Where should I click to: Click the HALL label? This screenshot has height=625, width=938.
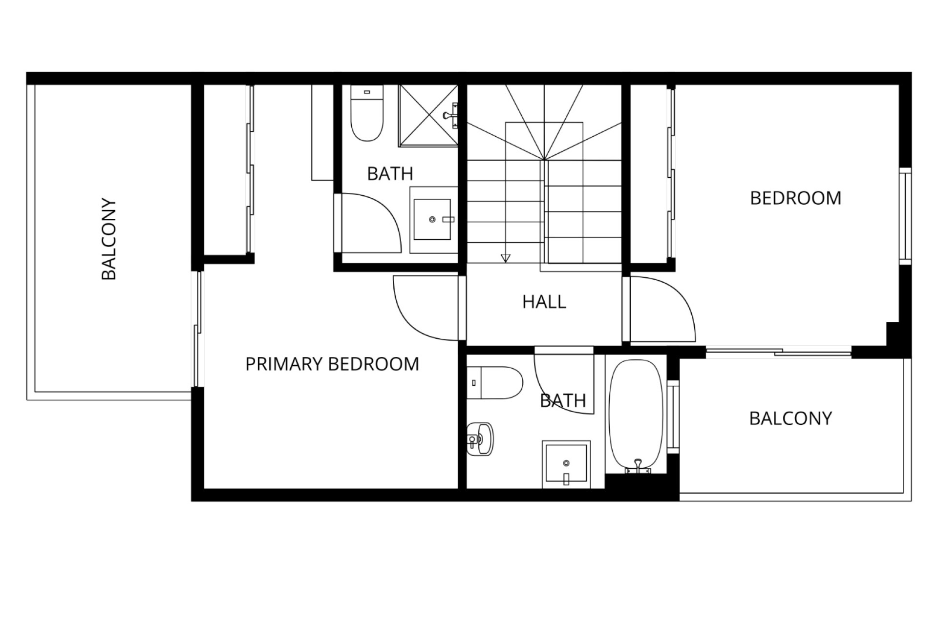[544, 302]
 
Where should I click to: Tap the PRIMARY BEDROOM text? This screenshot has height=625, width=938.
[332, 364]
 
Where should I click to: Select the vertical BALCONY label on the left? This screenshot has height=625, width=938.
[108, 239]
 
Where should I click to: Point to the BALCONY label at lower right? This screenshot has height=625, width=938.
[790, 418]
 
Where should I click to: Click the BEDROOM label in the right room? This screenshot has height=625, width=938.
[796, 198]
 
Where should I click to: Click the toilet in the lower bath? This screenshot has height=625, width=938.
[495, 382]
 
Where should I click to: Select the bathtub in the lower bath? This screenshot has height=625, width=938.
[636, 417]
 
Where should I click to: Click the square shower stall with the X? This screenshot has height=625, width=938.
[428, 115]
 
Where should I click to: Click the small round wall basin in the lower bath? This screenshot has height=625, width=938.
[480, 439]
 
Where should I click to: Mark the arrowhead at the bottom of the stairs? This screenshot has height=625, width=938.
[506, 258]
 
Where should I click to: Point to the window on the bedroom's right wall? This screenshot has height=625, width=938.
[905, 216]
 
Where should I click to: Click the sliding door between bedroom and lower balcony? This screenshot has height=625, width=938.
[779, 351]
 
